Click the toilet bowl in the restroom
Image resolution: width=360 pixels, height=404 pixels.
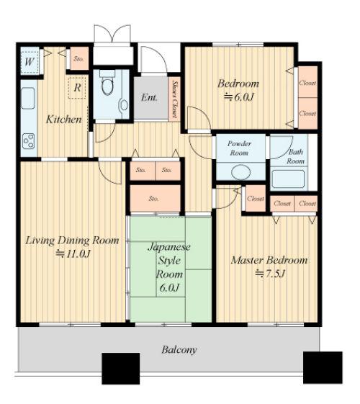tap(107, 86)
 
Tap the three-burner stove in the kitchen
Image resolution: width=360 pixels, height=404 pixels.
tap(28, 141)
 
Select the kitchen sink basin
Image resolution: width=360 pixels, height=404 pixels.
tap(28, 98)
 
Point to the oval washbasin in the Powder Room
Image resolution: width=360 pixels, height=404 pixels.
tap(240, 172)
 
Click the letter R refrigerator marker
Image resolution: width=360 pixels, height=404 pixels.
tap(77, 88)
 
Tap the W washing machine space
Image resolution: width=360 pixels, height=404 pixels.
tap(30, 62)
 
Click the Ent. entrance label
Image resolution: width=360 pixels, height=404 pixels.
tap(149, 97)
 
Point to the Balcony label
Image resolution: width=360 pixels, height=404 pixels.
tap(179, 350)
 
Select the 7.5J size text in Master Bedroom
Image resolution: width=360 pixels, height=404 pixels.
tap(271, 274)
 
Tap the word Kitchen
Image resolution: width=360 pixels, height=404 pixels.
tap(64, 120)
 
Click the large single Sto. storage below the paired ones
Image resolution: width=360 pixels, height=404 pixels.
tap(155, 198)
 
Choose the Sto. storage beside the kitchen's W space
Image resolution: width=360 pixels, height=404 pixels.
tap(79, 58)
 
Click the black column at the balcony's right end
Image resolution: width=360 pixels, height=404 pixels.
tap(323, 367)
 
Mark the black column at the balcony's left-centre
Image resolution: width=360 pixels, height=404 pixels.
tap(121, 369)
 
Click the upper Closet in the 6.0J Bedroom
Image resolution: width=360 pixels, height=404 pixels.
tap(307, 82)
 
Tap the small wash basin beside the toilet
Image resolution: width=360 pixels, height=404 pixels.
tap(124, 105)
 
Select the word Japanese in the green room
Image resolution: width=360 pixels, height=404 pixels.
tap(169, 247)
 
